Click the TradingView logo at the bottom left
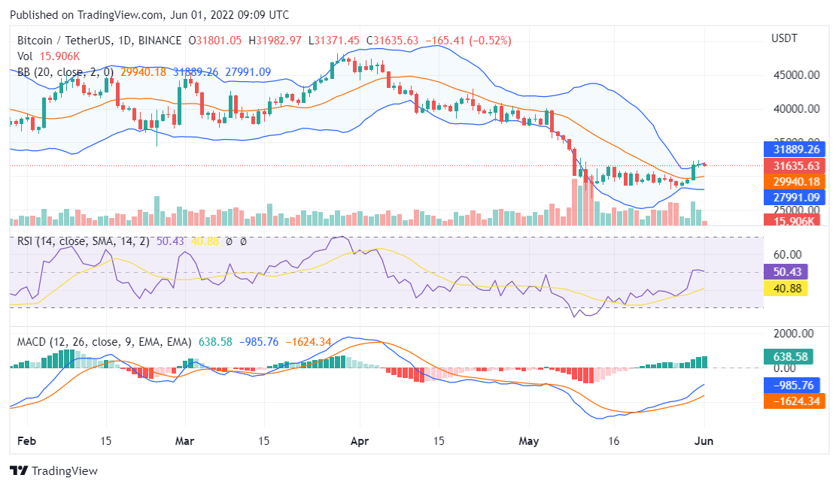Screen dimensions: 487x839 tap(53, 471)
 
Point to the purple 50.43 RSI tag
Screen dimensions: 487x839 tap(786, 272)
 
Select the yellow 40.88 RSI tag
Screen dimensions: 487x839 tap(786, 288)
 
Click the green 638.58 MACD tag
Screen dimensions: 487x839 tap(789, 356)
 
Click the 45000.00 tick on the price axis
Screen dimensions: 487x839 tap(795, 75)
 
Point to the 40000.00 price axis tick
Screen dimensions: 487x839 tap(795, 109)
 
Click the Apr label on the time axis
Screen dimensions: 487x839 tap(360, 442)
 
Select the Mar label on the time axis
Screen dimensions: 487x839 tap(183, 442)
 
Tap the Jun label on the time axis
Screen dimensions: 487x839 tap(703, 442)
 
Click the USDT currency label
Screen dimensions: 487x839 tap(785, 38)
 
